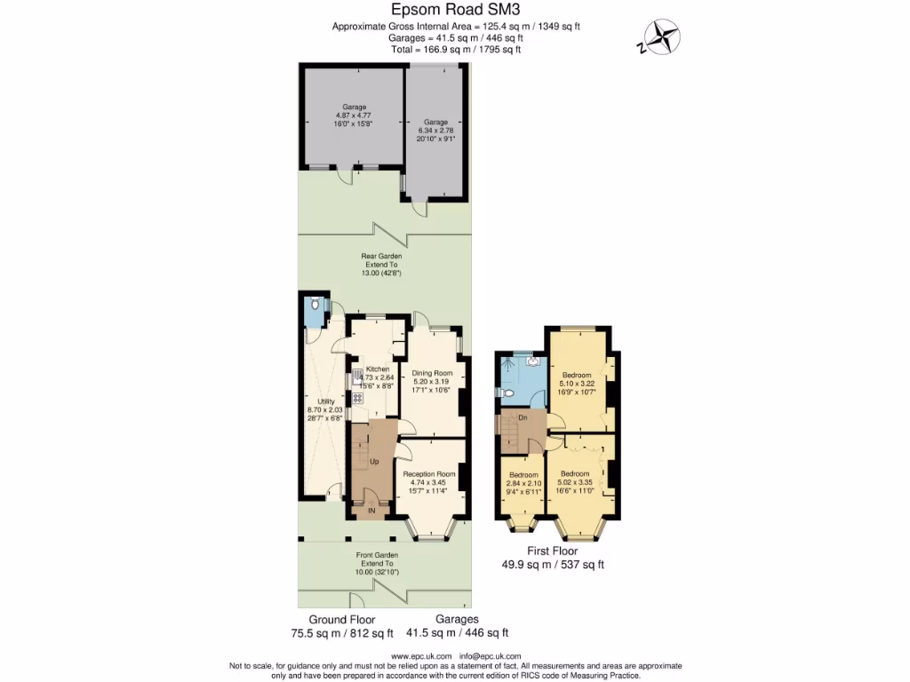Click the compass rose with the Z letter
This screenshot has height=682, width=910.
(x=661, y=38)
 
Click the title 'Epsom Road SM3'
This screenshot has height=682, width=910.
(x=454, y=10)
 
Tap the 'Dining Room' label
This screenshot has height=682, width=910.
(x=432, y=373)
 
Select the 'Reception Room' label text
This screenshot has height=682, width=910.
(x=429, y=474)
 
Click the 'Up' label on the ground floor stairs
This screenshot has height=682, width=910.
(x=374, y=463)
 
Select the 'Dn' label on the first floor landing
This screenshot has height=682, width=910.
(x=524, y=417)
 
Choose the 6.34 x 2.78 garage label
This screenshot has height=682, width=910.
(x=435, y=122)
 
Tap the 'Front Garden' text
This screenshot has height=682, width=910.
(x=378, y=555)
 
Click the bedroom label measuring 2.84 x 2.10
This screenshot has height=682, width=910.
(x=524, y=474)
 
